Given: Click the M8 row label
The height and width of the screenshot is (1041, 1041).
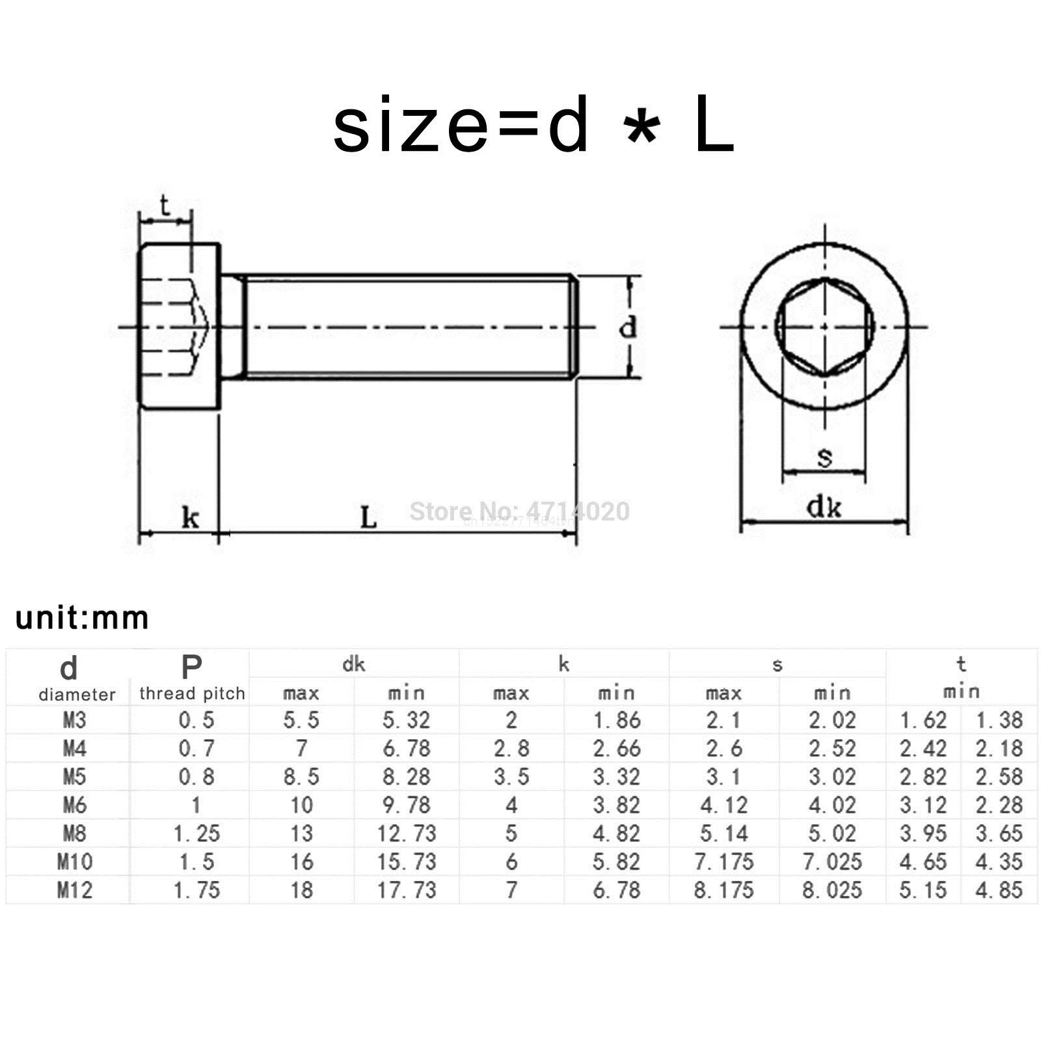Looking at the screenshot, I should click(75, 833).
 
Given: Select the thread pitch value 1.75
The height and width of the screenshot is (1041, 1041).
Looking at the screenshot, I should click(196, 890).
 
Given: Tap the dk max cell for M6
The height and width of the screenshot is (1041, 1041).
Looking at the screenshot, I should click(301, 805).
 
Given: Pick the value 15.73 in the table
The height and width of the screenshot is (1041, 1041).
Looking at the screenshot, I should click(407, 862).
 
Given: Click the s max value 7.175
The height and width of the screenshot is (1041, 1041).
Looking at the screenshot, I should click(723, 862).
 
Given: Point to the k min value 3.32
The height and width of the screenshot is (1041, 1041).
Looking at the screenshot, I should click(616, 777).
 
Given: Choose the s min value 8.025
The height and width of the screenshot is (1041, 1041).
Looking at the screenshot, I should click(831, 890).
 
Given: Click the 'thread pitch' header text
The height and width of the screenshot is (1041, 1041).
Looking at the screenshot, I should click(192, 694).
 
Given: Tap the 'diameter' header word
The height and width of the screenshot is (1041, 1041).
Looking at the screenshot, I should click(77, 695).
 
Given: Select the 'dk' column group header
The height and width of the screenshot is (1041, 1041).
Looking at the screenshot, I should click(354, 664).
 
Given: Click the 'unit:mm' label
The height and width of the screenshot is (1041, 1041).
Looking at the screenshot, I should click(82, 618).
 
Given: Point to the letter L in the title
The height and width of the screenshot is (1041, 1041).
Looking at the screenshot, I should click(714, 126).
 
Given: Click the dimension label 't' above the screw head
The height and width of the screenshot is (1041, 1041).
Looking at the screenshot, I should click(165, 206).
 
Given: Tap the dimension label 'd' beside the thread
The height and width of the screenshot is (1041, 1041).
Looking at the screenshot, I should click(627, 327).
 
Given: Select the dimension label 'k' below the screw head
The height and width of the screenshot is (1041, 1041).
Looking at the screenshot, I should click(189, 519).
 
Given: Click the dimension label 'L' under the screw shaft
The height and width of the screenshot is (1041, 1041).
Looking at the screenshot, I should click(368, 519).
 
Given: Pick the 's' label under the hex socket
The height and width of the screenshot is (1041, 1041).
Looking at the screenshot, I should click(824, 457).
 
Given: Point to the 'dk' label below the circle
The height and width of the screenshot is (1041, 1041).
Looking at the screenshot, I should click(824, 507).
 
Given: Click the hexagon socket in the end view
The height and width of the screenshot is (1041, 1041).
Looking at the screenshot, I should click(824, 327).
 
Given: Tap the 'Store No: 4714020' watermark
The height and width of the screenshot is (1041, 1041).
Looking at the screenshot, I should click(519, 511).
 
